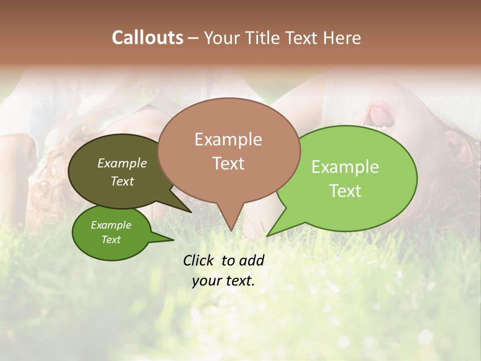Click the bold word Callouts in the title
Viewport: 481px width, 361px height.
[147, 38]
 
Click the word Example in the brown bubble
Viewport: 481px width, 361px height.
[228, 139]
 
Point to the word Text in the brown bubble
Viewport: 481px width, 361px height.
[228, 163]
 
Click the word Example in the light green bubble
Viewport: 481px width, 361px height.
[345, 167]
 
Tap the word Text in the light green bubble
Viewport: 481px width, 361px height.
[345, 191]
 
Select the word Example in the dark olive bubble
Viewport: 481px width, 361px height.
[122, 163]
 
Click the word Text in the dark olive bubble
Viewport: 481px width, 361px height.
[122, 181]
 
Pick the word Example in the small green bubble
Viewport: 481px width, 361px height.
[111, 225]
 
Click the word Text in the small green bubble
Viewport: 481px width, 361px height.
[111, 240]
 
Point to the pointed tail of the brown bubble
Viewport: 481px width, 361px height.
[231, 226]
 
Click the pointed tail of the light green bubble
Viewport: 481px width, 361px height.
[271, 233]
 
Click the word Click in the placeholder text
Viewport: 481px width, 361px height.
[199, 260]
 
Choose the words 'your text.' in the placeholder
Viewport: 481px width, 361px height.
[223, 281]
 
